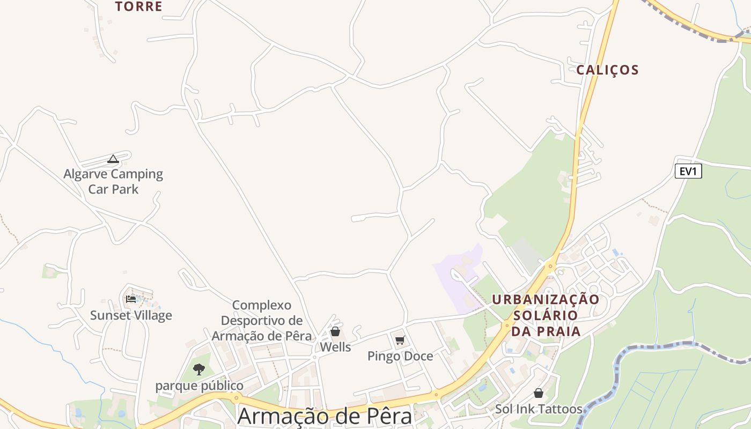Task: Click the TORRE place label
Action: pos(138,6)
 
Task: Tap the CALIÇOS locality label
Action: pos(607,70)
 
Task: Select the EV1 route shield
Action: pos(688,172)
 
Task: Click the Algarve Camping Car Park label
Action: pos(113,181)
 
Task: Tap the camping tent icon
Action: pos(113,159)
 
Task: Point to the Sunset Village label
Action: pos(131,315)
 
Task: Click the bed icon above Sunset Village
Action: pos(131,299)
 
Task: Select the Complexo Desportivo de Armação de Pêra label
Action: pos(262,321)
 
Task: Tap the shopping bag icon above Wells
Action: pos(335,331)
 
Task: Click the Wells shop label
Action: pos(335,347)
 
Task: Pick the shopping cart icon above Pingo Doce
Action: pos(400,340)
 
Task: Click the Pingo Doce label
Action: pos(400,356)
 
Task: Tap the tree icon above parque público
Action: pos(199,369)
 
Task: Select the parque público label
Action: pos(199,386)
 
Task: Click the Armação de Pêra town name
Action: pos(325,417)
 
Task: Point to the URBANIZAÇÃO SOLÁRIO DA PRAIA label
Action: pos(546,315)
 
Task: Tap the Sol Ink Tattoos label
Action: pos(539,409)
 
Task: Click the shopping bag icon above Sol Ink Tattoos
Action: pos(539,393)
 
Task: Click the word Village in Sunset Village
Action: pos(153,315)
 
